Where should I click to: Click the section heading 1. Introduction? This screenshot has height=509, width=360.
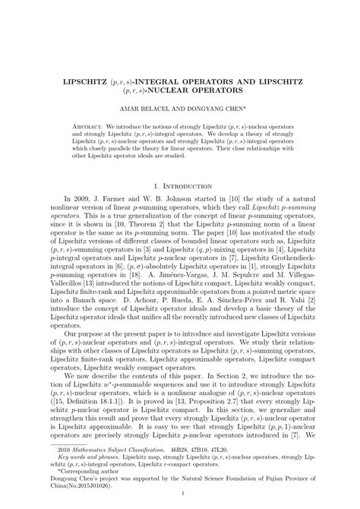point(180,185)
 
